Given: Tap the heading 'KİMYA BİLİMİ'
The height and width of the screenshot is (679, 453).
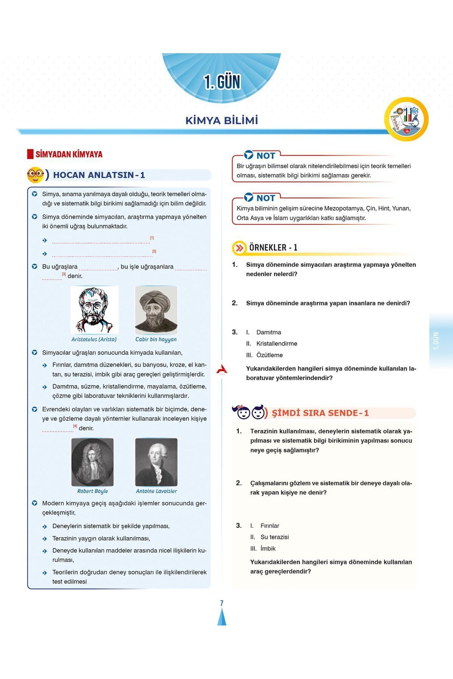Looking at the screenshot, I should coord(222,121).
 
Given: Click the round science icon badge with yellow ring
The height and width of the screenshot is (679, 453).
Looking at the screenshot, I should coord(406,119).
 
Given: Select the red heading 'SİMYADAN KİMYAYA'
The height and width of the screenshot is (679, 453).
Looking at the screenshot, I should coord(69,154).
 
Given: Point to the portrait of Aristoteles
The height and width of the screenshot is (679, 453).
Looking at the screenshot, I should coord(94,310).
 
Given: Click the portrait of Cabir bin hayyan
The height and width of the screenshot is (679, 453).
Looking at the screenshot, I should coord(156,310).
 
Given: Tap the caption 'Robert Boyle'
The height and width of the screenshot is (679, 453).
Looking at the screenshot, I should coord(92,491).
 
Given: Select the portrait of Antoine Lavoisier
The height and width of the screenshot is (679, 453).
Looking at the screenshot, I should coord(156,462).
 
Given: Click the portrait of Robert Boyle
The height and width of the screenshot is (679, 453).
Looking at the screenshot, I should coord(92,462).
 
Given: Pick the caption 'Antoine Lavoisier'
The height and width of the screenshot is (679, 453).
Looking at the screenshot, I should coord(156,491).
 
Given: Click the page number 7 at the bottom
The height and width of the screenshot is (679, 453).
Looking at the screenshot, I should coord(222,603).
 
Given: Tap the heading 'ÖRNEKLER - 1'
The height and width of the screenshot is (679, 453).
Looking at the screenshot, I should coord(273,248).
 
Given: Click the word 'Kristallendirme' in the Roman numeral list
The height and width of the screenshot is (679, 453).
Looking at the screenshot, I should coord(277,344).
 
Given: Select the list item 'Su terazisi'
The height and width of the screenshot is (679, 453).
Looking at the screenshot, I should coord(274,537).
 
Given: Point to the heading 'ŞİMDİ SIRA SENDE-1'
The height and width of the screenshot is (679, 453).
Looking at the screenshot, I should coord(320,413).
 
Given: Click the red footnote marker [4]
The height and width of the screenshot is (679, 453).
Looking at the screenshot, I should coord(75,426).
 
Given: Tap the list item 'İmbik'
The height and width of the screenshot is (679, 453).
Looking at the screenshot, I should coord(268,548).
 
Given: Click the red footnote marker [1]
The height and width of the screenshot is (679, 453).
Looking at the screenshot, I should coord(152,238).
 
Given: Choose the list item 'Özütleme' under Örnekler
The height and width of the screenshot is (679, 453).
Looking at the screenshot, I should coord(270,355).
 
